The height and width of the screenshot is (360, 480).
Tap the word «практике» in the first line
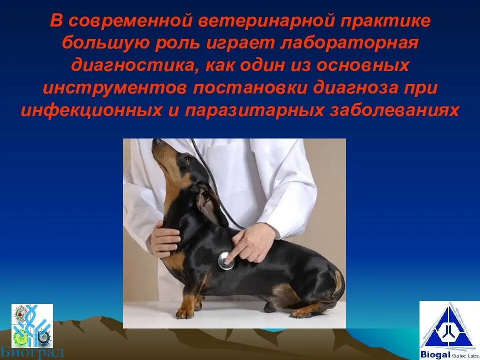(x=390, y=21)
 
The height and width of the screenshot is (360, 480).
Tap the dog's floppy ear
(x=205, y=202)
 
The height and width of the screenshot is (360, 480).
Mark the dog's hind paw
(x=301, y=312)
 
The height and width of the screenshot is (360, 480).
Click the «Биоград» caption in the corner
(x=38, y=352)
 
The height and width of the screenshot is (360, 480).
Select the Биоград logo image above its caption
(x=32, y=325)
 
